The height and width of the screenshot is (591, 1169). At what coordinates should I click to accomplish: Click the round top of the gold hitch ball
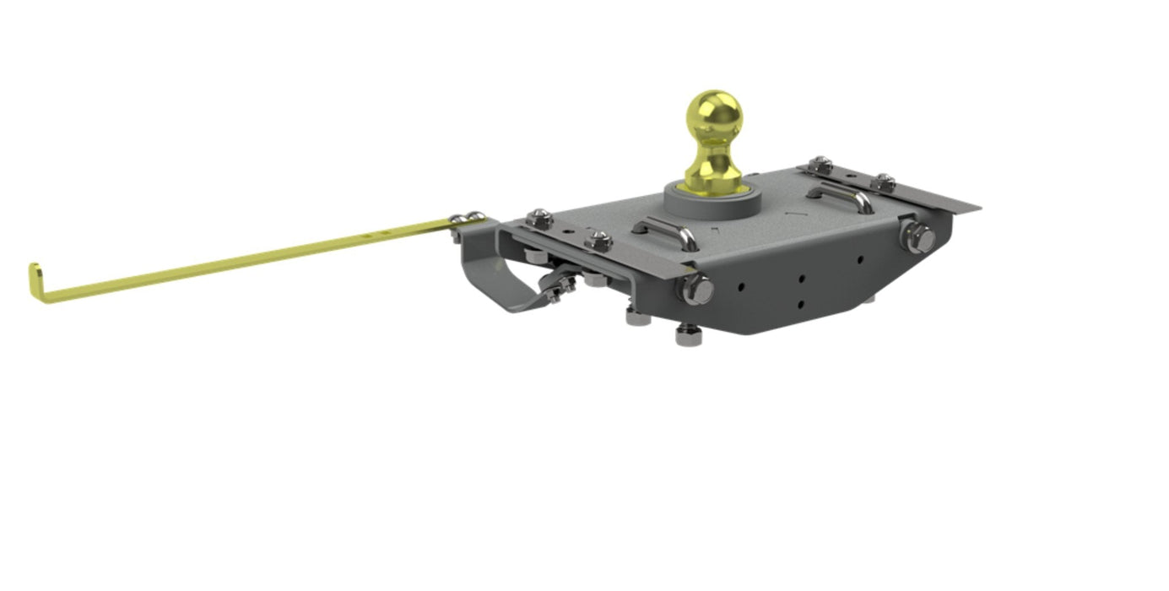click(713, 114)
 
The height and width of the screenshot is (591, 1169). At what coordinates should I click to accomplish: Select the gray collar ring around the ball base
click(713, 196)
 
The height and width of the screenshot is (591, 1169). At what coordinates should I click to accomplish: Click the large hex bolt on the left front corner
click(696, 290)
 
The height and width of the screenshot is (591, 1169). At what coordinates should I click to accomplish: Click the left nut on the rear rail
click(819, 164)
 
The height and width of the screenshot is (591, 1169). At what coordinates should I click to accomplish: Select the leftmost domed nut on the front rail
click(537, 218)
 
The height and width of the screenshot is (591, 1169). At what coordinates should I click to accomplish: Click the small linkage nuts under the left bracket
click(557, 287)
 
